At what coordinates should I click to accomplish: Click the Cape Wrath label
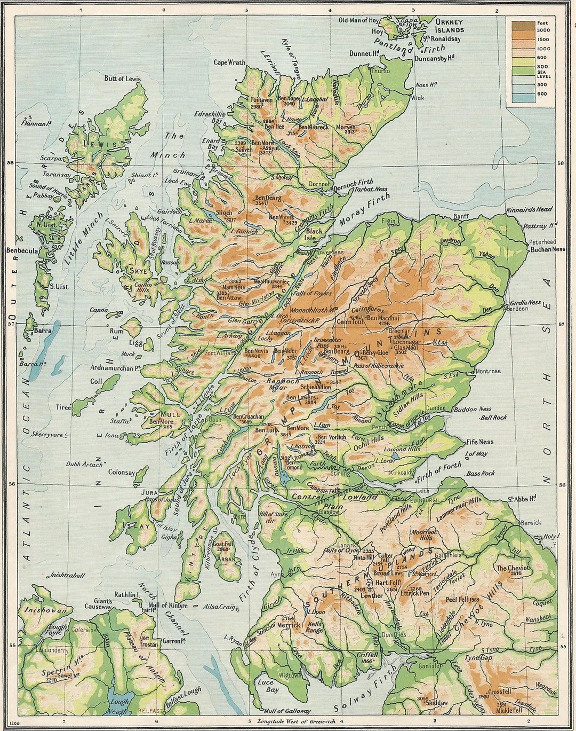(229, 62)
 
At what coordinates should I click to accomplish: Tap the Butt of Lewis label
(122, 78)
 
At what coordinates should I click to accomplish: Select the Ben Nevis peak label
(255, 351)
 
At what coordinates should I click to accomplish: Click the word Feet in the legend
(542, 23)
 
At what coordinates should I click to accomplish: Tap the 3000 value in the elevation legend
(543, 30)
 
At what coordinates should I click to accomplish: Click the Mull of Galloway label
(287, 711)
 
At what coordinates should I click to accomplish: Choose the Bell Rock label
(493, 417)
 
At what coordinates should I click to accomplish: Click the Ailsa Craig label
(219, 607)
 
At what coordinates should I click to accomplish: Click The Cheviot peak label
(513, 568)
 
